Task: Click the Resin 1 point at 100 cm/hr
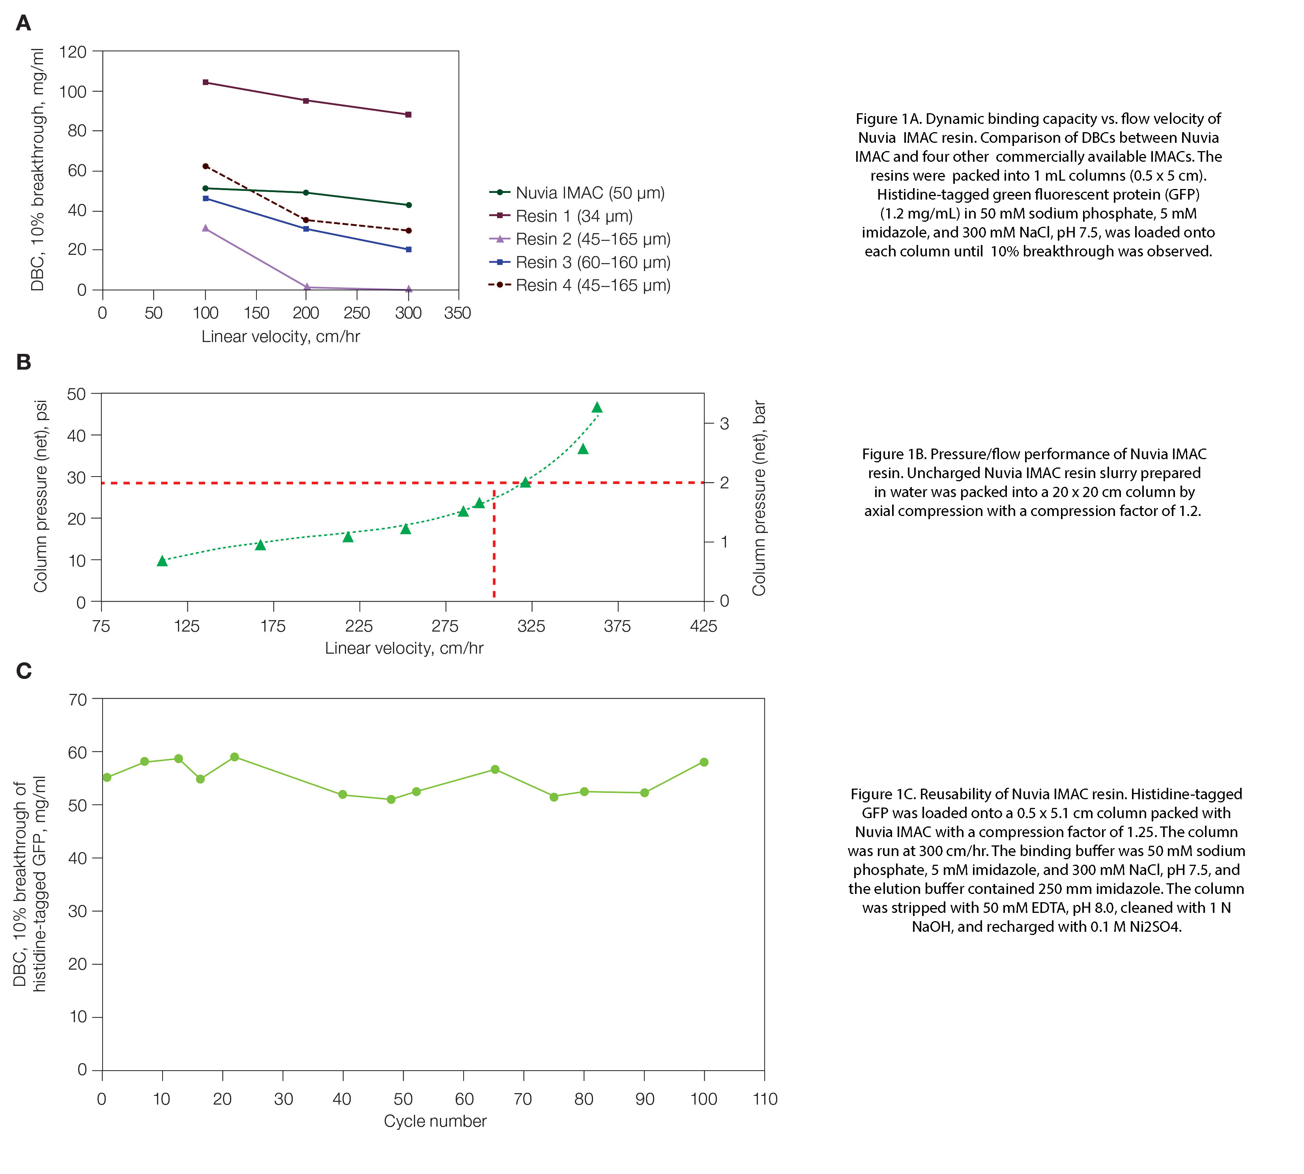point(205,82)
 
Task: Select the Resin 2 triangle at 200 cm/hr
point(307,287)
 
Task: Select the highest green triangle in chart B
point(597,407)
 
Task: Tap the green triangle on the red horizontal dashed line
point(525,482)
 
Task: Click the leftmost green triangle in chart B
point(162,561)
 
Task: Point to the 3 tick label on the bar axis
point(724,424)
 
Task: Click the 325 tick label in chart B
point(531,626)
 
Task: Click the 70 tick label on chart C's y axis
point(77,700)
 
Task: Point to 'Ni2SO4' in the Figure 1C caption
point(1154,927)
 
